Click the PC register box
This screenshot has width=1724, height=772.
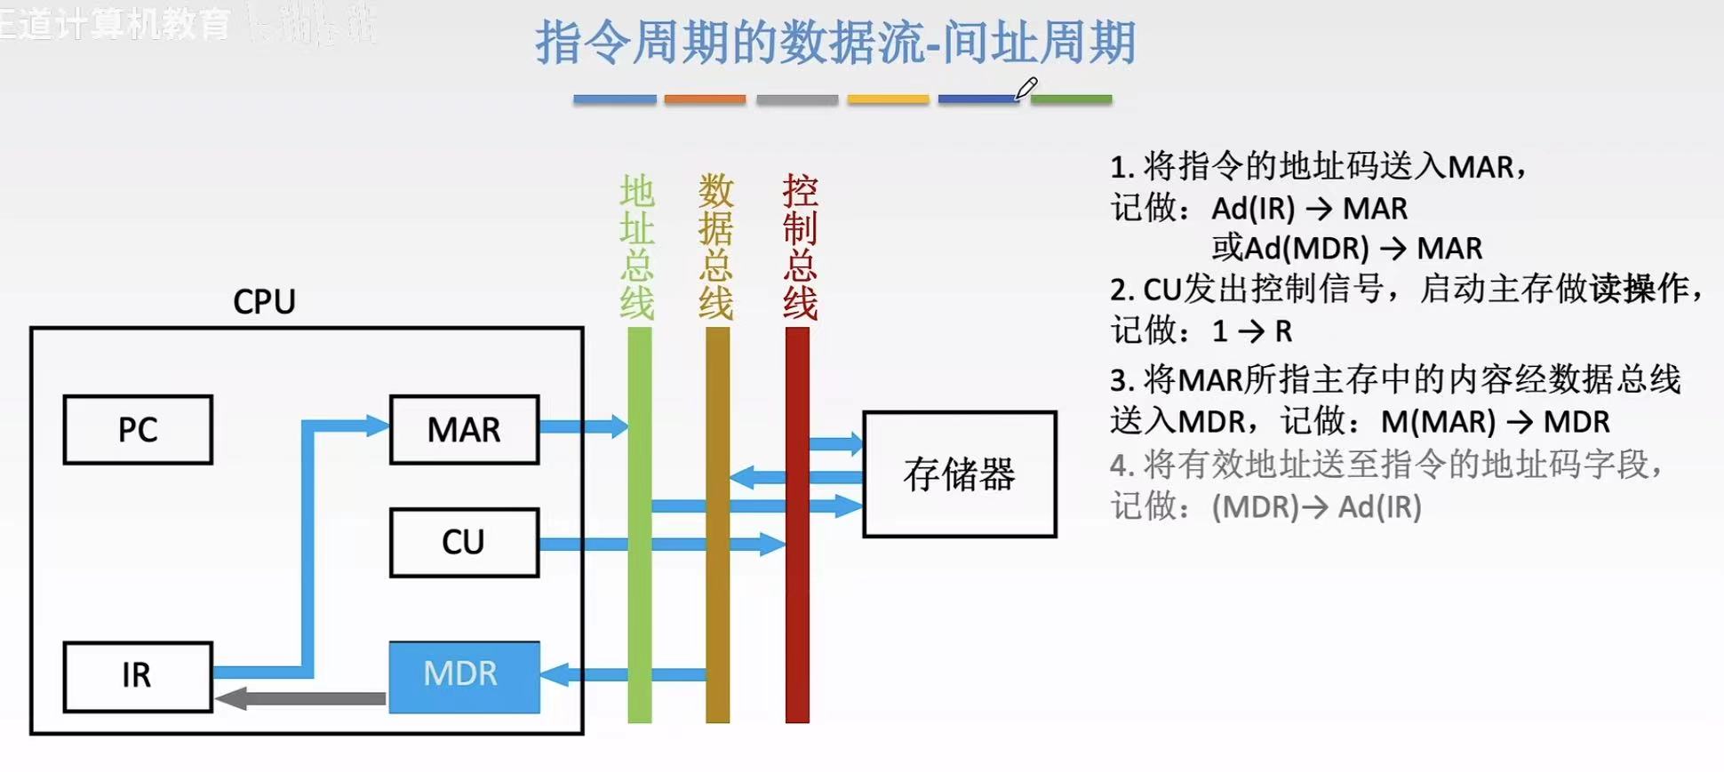[x=138, y=430]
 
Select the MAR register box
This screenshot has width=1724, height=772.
[x=464, y=430]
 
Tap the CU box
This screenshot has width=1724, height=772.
[x=464, y=542]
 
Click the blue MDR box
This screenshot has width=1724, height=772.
[x=464, y=675]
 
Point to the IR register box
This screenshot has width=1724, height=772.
[x=138, y=676]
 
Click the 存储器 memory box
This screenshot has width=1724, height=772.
[x=959, y=474]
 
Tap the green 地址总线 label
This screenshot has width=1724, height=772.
[x=637, y=247]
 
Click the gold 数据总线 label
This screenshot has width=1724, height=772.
[x=716, y=247]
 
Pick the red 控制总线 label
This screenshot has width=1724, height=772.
[x=800, y=247]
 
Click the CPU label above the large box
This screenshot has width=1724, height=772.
[x=264, y=302]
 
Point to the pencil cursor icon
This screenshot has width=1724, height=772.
[x=1026, y=89]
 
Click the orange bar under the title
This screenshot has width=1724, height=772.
[x=705, y=99]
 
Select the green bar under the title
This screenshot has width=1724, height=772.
[x=1071, y=99]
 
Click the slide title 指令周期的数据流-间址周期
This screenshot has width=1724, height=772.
[x=835, y=43]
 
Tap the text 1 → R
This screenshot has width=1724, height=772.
[x=1251, y=331]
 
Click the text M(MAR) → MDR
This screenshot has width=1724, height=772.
[x=1495, y=421]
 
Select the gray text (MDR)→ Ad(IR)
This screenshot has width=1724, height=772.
[x=1316, y=506]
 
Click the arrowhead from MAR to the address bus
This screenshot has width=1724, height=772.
[x=617, y=426]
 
